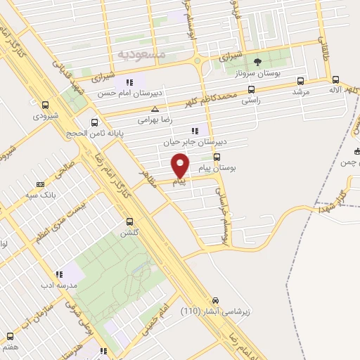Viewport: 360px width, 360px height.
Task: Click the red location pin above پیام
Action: click(x=181, y=165)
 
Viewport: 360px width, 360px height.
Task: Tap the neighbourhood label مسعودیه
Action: click(x=141, y=53)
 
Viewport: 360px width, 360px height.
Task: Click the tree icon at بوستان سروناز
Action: click(x=257, y=62)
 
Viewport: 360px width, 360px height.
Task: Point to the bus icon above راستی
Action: click(x=252, y=89)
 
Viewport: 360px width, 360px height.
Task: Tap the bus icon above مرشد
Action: click(x=302, y=80)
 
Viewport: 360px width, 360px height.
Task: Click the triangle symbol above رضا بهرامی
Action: click(x=155, y=109)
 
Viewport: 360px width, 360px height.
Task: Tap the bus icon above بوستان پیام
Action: click(x=217, y=157)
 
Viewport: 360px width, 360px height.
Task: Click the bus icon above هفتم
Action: click(x=10, y=335)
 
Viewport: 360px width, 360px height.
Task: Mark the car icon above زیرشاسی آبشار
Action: click(x=215, y=299)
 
